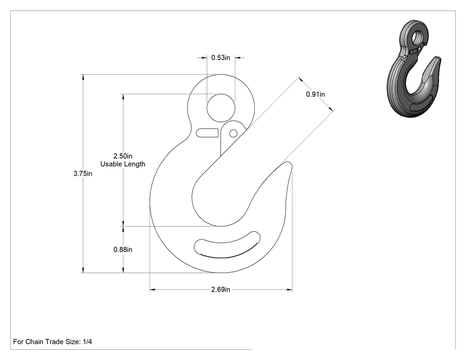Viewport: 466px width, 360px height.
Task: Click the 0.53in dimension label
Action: [x=221, y=58]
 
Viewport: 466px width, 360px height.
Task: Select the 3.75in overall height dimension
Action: [x=83, y=174]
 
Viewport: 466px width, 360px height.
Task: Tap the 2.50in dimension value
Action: [x=123, y=156]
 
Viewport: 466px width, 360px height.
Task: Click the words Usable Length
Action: [x=123, y=164]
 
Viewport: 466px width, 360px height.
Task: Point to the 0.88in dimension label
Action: [x=123, y=250]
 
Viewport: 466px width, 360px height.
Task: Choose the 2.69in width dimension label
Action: [x=221, y=289]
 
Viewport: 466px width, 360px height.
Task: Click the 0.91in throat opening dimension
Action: [x=315, y=94]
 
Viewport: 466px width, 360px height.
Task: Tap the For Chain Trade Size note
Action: [x=53, y=342]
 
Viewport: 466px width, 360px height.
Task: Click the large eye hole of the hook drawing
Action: [x=221, y=107]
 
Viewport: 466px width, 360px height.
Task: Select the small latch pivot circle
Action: [x=233, y=134]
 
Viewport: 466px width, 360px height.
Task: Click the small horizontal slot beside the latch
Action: [x=207, y=133]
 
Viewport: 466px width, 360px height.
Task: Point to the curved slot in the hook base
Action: [x=227, y=244]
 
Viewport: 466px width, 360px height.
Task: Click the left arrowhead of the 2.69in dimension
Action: [x=153, y=289]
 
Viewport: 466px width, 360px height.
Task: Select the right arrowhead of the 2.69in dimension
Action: [x=289, y=289]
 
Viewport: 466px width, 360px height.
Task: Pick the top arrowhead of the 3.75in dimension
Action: [x=83, y=77]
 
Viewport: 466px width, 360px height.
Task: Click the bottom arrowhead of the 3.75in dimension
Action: [x=83, y=269]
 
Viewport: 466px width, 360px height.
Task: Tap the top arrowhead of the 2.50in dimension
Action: [x=123, y=97]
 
